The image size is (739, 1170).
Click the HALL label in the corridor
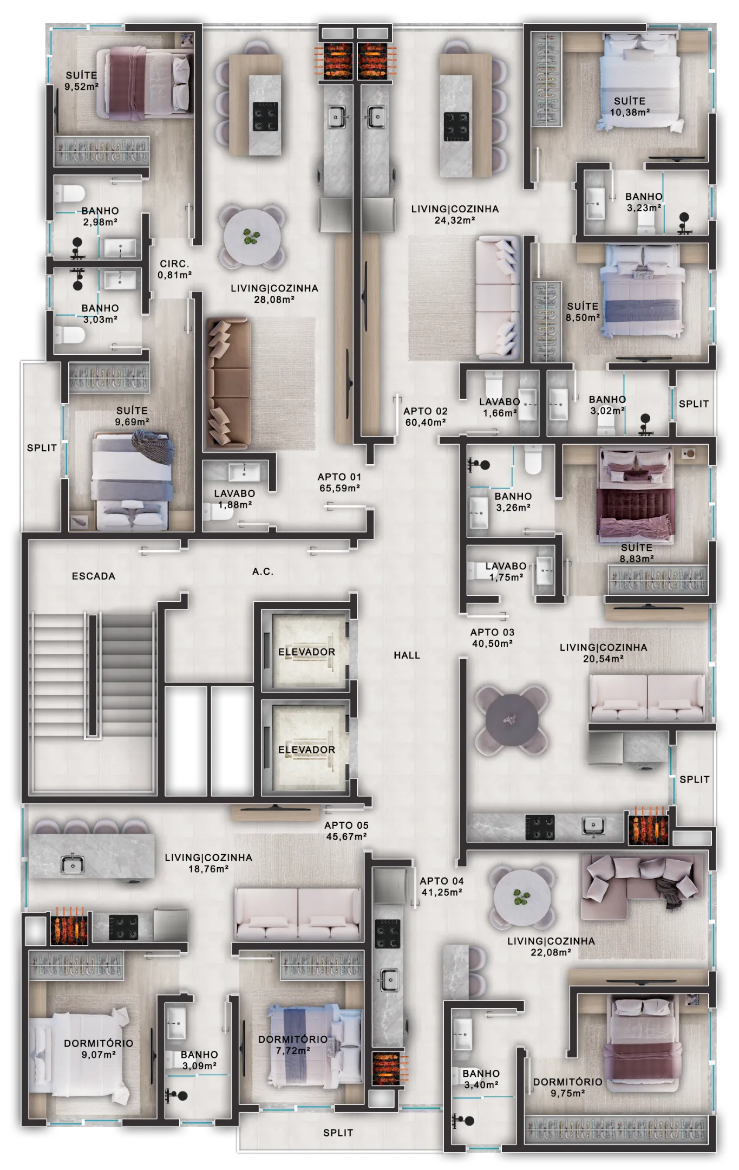click(407, 655)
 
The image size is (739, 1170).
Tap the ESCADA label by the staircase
click(94, 576)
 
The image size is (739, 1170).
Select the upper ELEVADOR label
click(306, 652)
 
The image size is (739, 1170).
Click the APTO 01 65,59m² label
click(339, 482)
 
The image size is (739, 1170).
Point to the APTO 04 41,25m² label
click(442, 887)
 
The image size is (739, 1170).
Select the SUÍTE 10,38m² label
click(630, 107)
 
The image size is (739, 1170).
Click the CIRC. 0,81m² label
click(174, 269)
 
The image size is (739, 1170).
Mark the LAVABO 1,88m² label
click(234, 499)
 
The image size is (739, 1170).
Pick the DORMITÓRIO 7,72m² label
click(292, 1045)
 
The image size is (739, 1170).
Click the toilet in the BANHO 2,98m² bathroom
click(70, 193)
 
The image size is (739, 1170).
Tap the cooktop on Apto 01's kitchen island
click(265, 117)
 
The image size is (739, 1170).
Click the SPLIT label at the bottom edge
click(338, 1133)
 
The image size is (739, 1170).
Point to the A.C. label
click(263, 571)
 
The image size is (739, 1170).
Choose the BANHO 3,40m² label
click(481, 1079)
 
